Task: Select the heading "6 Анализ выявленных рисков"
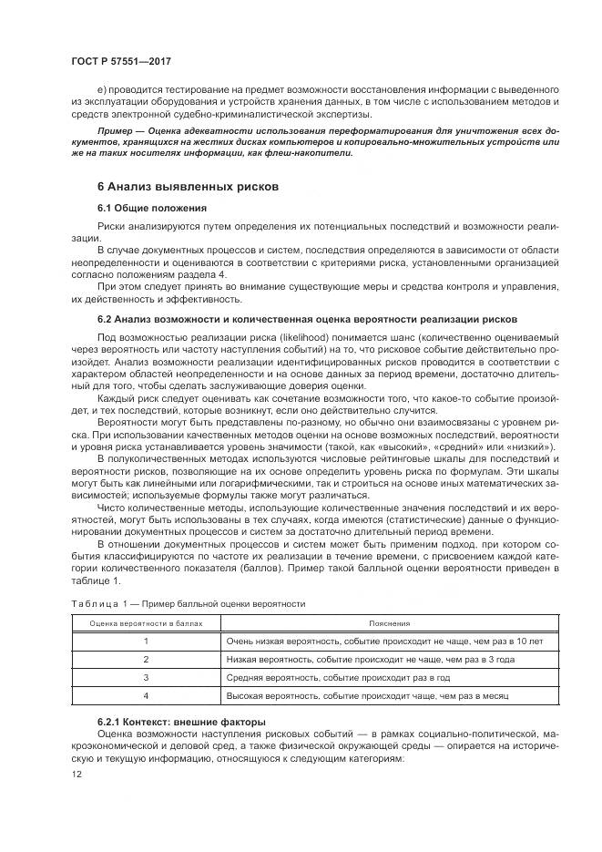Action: [187, 186]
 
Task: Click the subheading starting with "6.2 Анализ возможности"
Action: [307, 320]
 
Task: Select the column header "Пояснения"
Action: [389, 623]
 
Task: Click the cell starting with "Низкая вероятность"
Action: [371, 660]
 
